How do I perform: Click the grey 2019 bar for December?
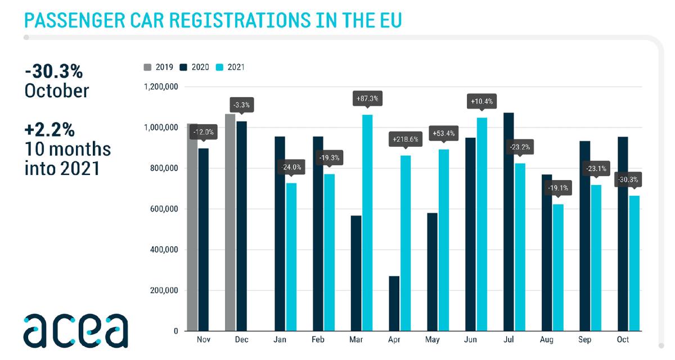click(x=229, y=222)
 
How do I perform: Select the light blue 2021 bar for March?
click(x=367, y=223)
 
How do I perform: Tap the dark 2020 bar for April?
click(x=394, y=303)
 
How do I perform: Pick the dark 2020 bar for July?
click(x=509, y=222)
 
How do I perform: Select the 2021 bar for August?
click(x=558, y=267)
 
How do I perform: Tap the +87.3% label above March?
click(x=367, y=98)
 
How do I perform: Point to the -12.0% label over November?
click(x=203, y=132)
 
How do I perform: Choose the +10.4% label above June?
click(x=481, y=102)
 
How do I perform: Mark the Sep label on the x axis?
click(x=585, y=340)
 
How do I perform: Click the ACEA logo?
click(x=75, y=330)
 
